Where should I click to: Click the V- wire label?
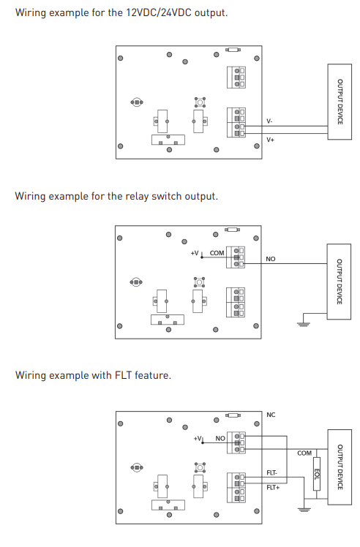coord(269,121)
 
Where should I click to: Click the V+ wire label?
coord(270,140)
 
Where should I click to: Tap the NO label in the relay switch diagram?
coord(270,259)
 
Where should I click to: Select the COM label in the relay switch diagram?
coord(217,253)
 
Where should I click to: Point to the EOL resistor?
coord(316,474)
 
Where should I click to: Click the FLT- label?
coord(271,472)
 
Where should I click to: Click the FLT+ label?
coord(273,487)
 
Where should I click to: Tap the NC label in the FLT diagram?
coord(271,415)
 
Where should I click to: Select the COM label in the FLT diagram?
coord(304,453)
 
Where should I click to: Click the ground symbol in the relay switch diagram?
coord(303,324)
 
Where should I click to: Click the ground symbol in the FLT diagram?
coord(304,509)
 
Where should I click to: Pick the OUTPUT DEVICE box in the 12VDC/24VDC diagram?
coord(340,102)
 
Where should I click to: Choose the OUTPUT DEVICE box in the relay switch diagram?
coord(339,282)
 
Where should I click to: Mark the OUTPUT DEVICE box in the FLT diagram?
coord(340,467)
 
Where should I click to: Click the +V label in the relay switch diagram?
coord(195,253)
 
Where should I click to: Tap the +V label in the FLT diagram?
coord(198,438)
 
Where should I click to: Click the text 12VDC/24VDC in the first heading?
coord(159,12)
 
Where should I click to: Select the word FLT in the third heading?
coord(123,375)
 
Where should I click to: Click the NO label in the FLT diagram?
coord(220,438)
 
